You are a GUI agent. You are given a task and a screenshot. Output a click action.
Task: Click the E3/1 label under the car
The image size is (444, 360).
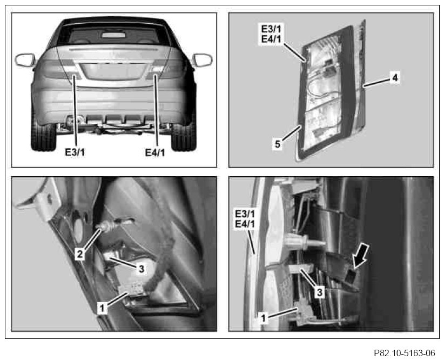(75, 152)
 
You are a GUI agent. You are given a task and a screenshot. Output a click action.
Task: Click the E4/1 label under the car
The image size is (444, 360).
(155, 152)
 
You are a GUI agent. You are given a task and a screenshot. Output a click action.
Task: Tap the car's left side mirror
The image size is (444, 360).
(25, 60)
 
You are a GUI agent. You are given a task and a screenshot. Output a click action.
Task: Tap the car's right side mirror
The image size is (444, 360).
(202, 60)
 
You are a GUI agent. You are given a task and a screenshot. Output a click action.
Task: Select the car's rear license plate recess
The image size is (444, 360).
(114, 71)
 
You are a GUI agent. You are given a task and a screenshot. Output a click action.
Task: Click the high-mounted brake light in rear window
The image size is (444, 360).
(113, 35)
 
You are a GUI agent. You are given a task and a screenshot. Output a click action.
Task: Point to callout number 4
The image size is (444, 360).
(395, 77)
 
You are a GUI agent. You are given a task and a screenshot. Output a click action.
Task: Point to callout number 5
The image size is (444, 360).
(278, 144)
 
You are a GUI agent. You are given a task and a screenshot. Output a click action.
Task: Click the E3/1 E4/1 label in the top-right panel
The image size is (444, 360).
(271, 34)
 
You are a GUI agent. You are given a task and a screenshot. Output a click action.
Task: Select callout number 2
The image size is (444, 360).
(80, 254)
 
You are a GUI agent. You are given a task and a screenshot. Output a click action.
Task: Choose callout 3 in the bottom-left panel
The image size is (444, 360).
(142, 268)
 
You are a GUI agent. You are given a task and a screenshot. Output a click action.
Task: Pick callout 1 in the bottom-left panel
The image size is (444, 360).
(102, 308)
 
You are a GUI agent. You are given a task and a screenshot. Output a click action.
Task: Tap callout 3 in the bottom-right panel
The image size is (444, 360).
(319, 292)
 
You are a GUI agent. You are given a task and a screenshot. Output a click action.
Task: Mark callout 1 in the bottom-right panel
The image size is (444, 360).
(264, 318)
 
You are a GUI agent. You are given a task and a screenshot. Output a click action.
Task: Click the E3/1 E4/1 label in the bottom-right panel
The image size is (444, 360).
(245, 218)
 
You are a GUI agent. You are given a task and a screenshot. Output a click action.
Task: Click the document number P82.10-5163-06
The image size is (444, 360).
(405, 353)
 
